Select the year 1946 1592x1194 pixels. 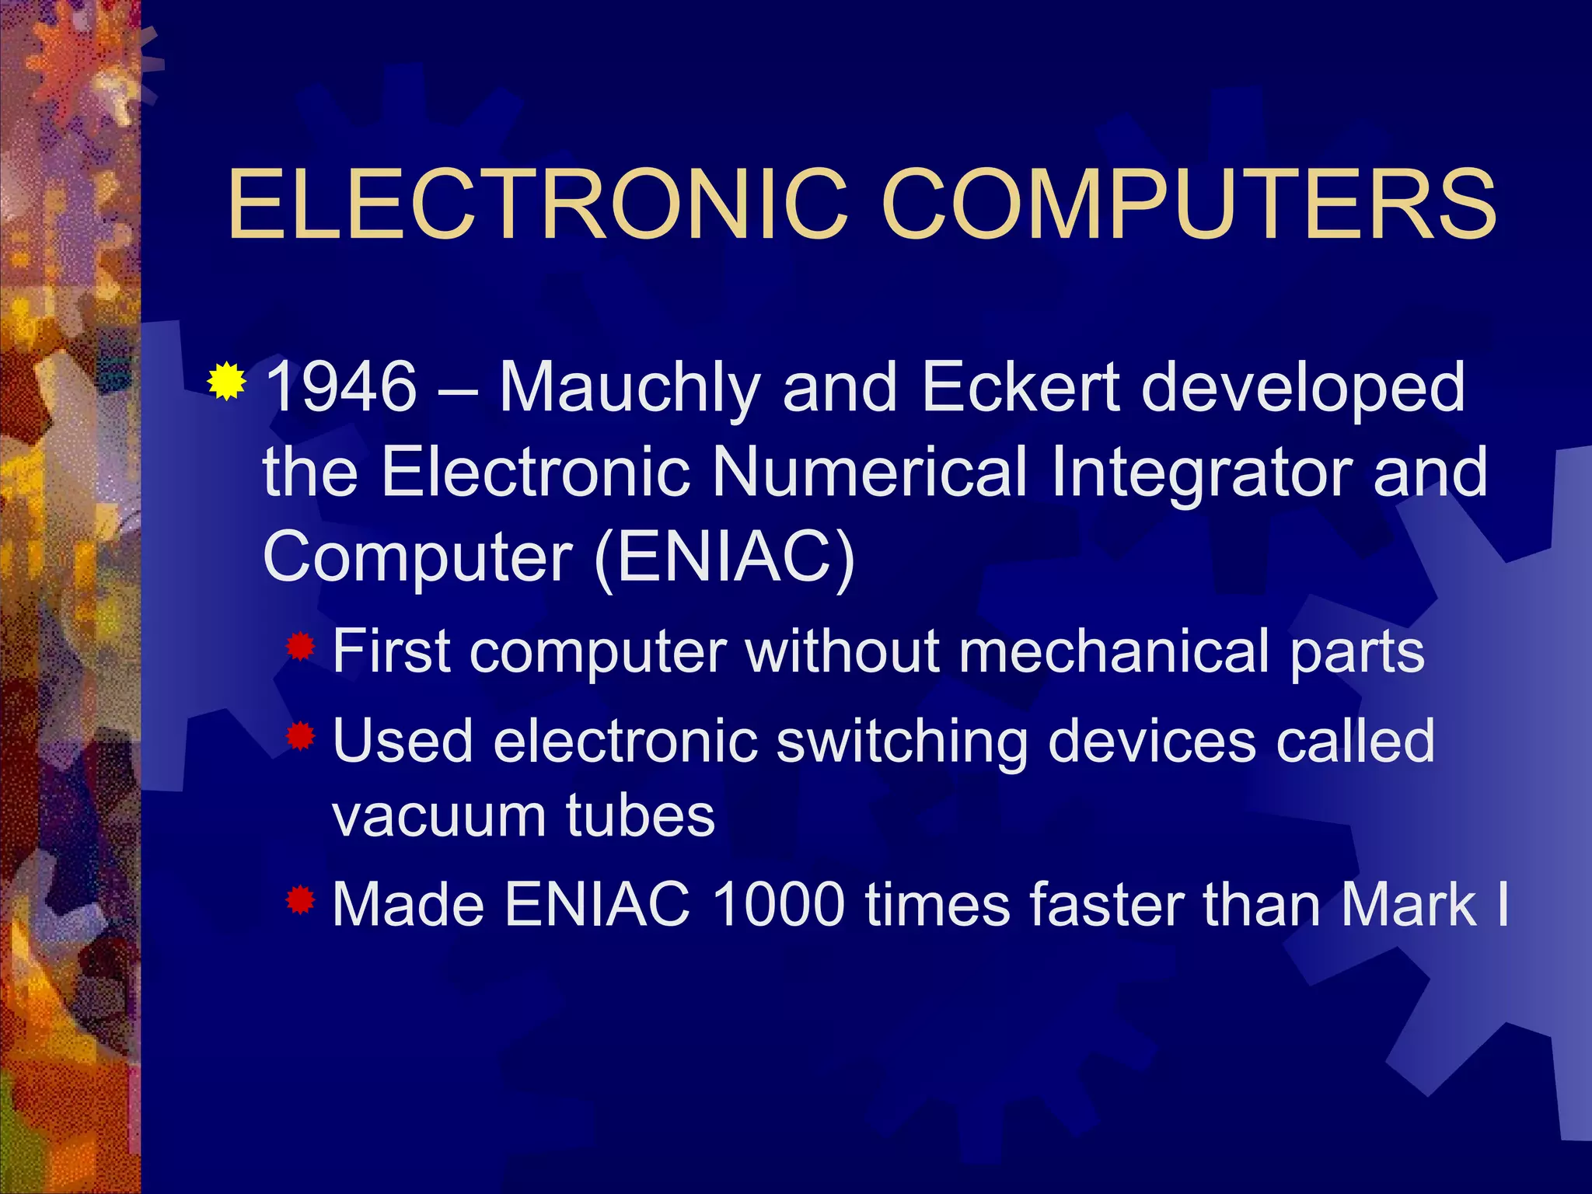pyautogui.click(x=341, y=386)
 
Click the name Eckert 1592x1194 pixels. pyautogui.click(x=1021, y=386)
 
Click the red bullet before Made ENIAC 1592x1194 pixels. pyautogui.click(x=300, y=901)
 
